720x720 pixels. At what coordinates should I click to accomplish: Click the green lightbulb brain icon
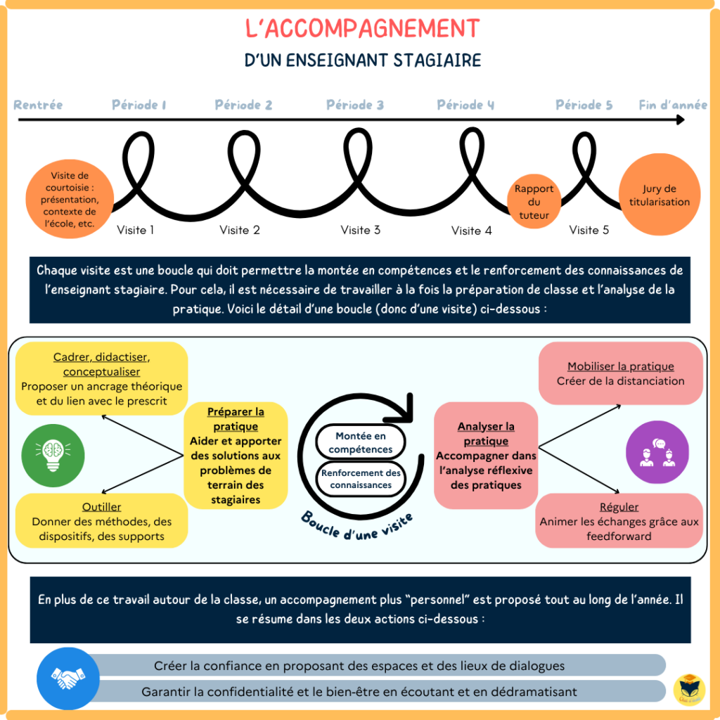(53, 455)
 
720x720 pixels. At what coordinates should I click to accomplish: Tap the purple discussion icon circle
(657, 452)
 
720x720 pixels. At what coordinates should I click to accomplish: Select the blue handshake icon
(68, 679)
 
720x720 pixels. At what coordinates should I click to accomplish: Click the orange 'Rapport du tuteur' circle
(534, 202)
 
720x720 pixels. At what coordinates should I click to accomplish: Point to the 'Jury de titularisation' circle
(660, 195)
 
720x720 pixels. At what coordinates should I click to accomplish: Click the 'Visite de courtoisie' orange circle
(70, 199)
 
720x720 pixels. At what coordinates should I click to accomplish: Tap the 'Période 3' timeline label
(355, 105)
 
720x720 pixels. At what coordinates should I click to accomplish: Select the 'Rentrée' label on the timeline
(38, 105)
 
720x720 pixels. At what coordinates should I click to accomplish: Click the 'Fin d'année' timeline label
(673, 105)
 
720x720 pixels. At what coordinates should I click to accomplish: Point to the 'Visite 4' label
(471, 231)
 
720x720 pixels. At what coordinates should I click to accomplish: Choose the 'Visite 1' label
(135, 230)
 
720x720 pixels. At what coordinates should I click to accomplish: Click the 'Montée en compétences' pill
(361, 442)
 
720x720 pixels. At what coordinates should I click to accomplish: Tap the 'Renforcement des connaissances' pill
(361, 479)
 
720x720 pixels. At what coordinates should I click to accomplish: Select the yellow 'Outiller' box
(101, 521)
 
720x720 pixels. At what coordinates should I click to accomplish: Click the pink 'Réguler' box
(619, 521)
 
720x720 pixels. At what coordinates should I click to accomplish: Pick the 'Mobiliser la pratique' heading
(620, 366)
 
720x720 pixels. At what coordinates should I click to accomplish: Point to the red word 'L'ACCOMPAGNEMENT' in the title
(363, 28)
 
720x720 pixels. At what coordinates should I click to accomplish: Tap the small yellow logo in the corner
(689, 689)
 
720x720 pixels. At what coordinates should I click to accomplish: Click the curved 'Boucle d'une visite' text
(357, 526)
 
